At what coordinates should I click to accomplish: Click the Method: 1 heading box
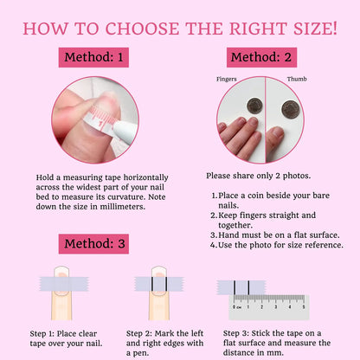(93, 57)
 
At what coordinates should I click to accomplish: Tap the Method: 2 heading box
(261, 57)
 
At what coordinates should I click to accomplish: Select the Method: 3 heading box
(93, 244)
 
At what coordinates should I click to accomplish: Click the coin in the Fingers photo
(255, 106)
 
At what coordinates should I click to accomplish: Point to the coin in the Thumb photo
(291, 109)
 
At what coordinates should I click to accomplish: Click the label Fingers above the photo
(227, 79)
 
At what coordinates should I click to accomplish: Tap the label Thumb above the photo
(297, 79)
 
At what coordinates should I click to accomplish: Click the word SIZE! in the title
(315, 29)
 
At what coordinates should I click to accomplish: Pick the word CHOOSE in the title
(142, 29)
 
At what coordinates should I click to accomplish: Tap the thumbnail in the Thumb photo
(278, 132)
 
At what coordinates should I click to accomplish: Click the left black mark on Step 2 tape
(151, 284)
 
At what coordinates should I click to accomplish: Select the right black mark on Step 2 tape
(166, 284)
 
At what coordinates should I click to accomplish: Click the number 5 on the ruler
(304, 307)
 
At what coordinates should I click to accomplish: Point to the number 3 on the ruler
(276, 307)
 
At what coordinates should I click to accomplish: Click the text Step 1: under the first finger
(42, 334)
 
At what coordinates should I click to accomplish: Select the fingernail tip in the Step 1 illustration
(61, 269)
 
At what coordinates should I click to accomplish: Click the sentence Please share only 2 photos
(259, 176)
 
